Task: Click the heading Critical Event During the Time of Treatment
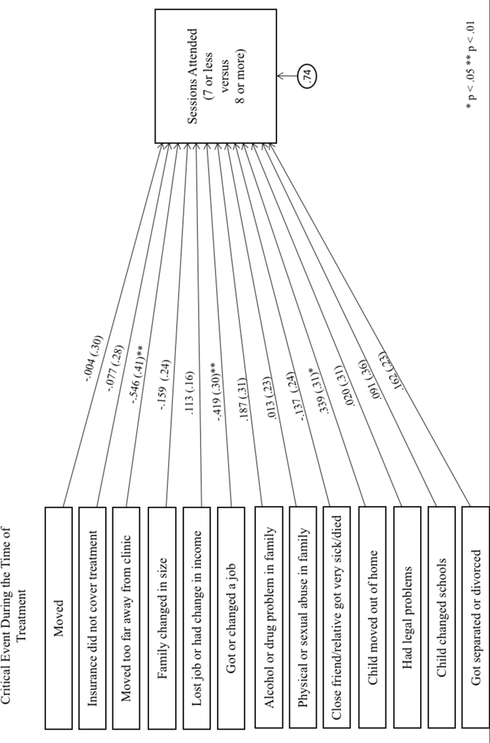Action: tap(19, 617)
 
